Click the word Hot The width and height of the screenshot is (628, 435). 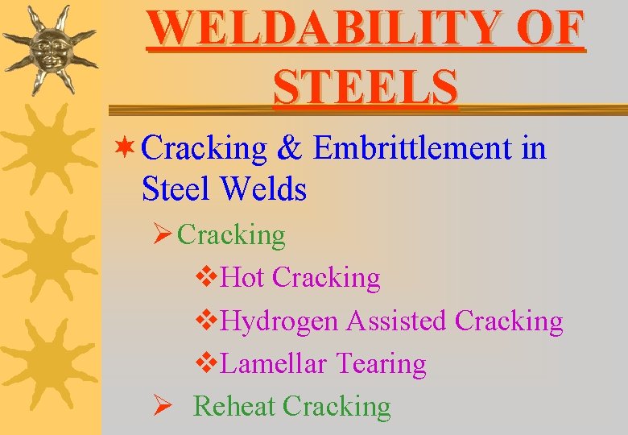click(242, 278)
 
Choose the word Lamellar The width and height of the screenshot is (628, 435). click(273, 364)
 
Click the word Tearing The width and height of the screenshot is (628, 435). click(381, 364)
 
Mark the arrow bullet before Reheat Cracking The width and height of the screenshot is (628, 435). click(161, 406)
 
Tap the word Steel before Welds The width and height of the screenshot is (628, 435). click(176, 190)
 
